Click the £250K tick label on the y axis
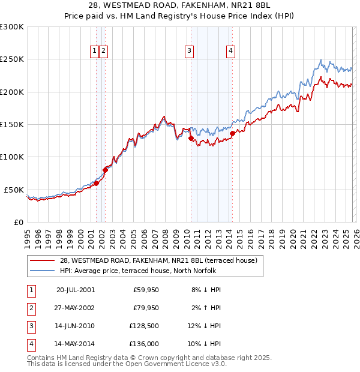12,59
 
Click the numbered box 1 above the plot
95,52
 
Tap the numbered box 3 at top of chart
189,52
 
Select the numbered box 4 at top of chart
230,52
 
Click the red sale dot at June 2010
191,138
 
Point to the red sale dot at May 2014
232,133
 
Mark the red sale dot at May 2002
105,170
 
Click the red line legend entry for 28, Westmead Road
158,260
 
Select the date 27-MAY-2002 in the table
76,308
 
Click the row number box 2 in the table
30,308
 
